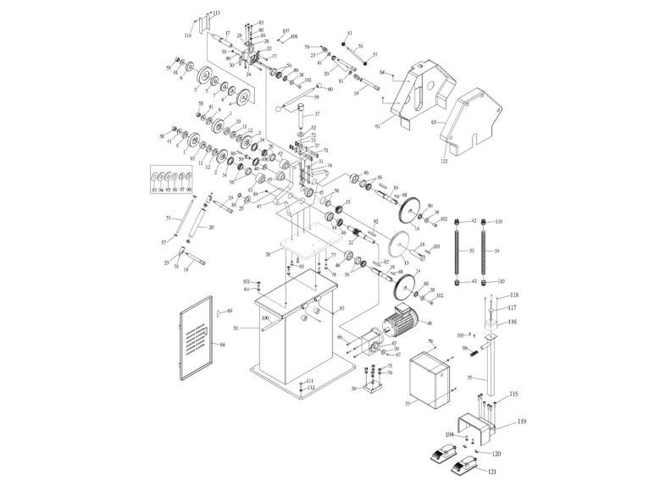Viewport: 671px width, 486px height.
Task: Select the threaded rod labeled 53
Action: (458, 250)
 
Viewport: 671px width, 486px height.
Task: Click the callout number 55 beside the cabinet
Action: (236, 326)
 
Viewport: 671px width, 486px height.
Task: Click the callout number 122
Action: (443, 160)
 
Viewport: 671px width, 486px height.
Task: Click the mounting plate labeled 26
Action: (300, 250)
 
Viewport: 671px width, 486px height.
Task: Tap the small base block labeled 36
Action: (371, 390)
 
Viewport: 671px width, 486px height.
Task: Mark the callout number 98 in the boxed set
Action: (189, 190)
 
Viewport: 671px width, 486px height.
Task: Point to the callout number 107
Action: (286, 30)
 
